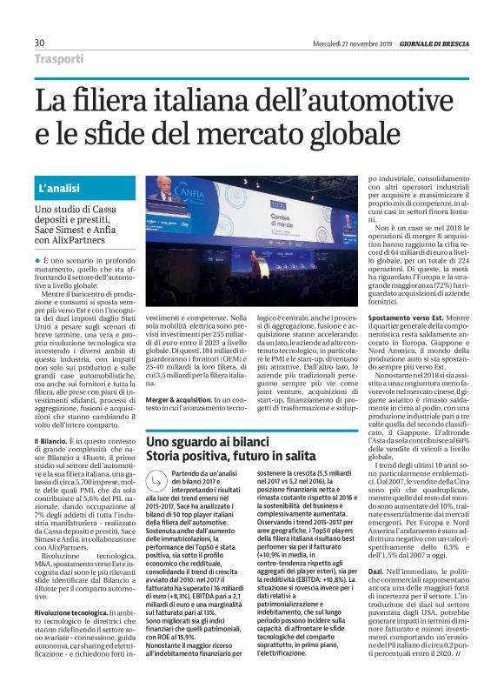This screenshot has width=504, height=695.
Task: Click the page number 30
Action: point(39,43)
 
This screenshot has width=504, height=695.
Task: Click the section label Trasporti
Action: point(59,59)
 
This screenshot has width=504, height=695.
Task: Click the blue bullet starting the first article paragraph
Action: point(38,261)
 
